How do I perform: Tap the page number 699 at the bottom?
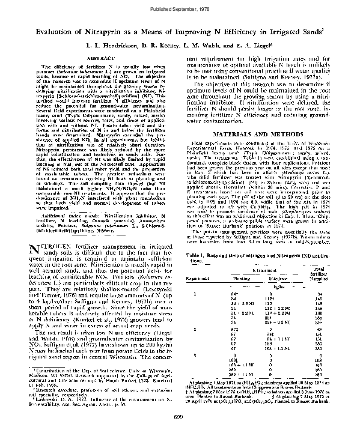178,433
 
